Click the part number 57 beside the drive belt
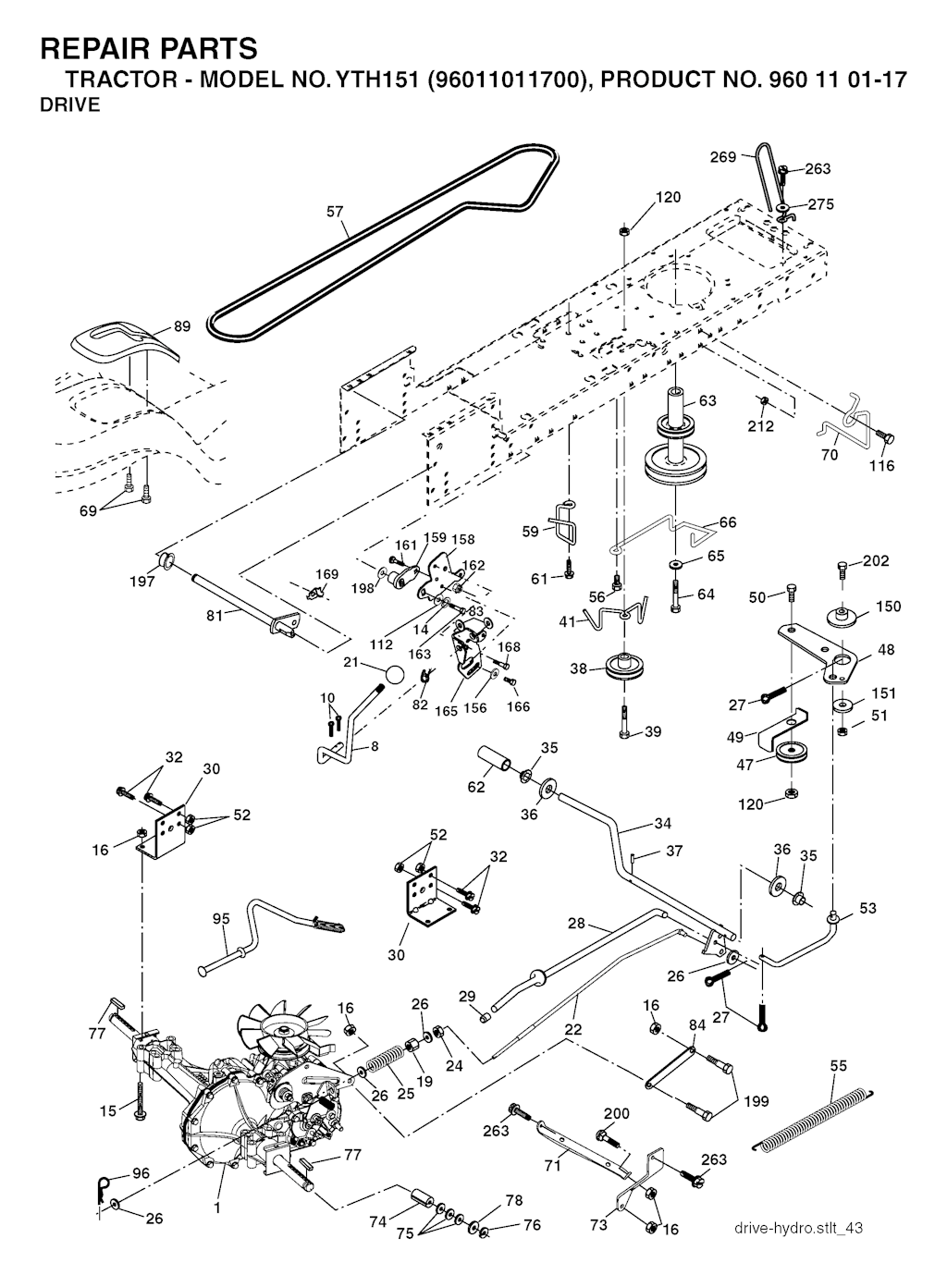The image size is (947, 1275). (x=335, y=213)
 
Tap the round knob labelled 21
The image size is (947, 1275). (x=395, y=674)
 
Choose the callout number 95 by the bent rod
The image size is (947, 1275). (x=221, y=919)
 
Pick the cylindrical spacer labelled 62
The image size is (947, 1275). (x=494, y=766)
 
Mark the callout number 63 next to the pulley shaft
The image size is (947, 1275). (x=707, y=401)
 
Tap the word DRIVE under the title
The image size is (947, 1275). (x=69, y=105)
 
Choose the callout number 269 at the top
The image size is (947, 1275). (x=722, y=157)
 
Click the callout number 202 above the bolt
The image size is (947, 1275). (x=876, y=561)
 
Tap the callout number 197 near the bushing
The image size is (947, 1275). (x=141, y=582)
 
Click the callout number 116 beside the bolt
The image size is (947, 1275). (x=881, y=466)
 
